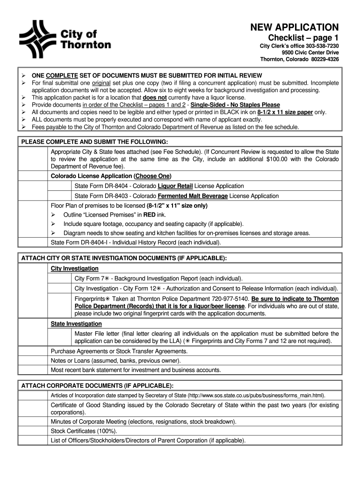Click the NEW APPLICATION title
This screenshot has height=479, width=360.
pyautogui.click(x=295, y=27)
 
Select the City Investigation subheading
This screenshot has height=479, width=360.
pyautogui.click(x=74, y=269)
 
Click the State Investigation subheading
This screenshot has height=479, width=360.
pyautogui.click(x=76, y=324)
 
